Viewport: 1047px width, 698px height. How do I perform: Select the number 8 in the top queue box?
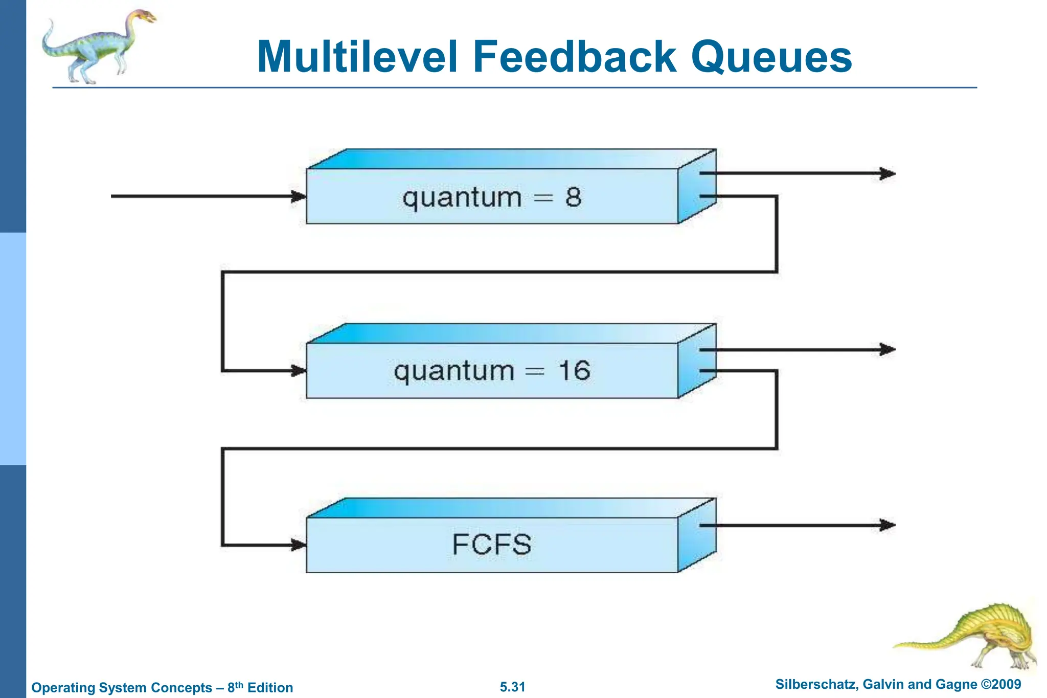coord(573,197)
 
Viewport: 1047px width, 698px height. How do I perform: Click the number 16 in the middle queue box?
coord(574,371)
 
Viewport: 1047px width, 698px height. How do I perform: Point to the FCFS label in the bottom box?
coord(492,545)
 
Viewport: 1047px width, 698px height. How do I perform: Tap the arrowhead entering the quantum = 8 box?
coord(299,196)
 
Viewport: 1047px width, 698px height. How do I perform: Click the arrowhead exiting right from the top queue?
coord(887,173)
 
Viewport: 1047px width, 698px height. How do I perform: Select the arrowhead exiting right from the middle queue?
coord(887,350)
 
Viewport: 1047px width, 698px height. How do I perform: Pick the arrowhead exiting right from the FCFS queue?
coord(887,525)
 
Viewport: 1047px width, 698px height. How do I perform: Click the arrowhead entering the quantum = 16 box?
coord(299,371)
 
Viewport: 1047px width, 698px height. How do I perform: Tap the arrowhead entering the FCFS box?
coord(299,545)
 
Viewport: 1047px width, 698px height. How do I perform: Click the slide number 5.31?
coord(512,687)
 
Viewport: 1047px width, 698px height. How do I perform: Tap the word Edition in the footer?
coord(270,688)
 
